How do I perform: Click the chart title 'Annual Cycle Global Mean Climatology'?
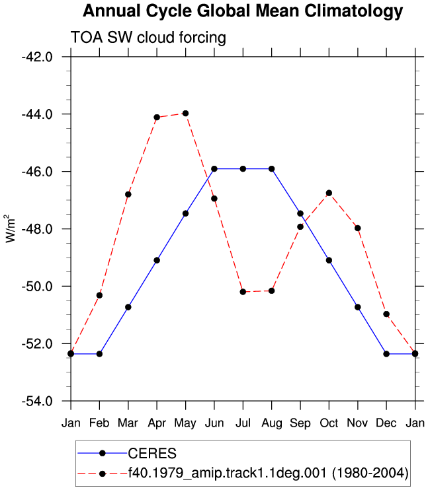(x=243, y=11)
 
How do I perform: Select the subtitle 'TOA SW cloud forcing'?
(x=148, y=38)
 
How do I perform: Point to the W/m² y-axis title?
(x=11, y=228)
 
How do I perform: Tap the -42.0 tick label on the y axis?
(x=37, y=57)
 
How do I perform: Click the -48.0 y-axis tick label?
(x=37, y=229)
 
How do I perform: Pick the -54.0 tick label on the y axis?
(x=37, y=402)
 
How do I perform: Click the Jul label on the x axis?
(x=243, y=423)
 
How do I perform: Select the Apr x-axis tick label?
(x=157, y=423)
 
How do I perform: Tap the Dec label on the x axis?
(x=386, y=423)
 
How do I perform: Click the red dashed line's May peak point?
(x=186, y=113)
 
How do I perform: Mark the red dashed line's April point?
(x=157, y=117)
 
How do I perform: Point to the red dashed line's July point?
(x=243, y=292)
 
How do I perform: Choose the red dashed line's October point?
(x=329, y=193)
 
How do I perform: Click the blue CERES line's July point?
(x=243, y=169)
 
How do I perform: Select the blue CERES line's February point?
(x=100, y=354)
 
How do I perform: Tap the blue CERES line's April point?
(x=157, y=260)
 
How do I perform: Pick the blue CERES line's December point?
(x=386, y=354)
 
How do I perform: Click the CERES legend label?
(x=152, y=454)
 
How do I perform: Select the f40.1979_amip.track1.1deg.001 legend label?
(x=269, y=473)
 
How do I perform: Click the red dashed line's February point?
(x=100, y=295)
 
